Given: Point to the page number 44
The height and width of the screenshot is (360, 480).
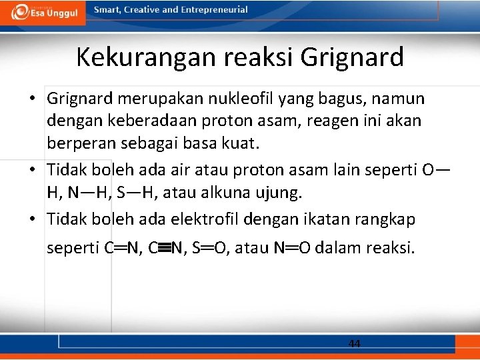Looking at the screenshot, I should [355, 343].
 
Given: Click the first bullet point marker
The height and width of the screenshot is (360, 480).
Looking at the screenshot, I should [32, 99].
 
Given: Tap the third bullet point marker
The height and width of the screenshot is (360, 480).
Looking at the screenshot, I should [32, 218].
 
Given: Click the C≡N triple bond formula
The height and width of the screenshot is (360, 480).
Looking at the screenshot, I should [165, 249].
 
